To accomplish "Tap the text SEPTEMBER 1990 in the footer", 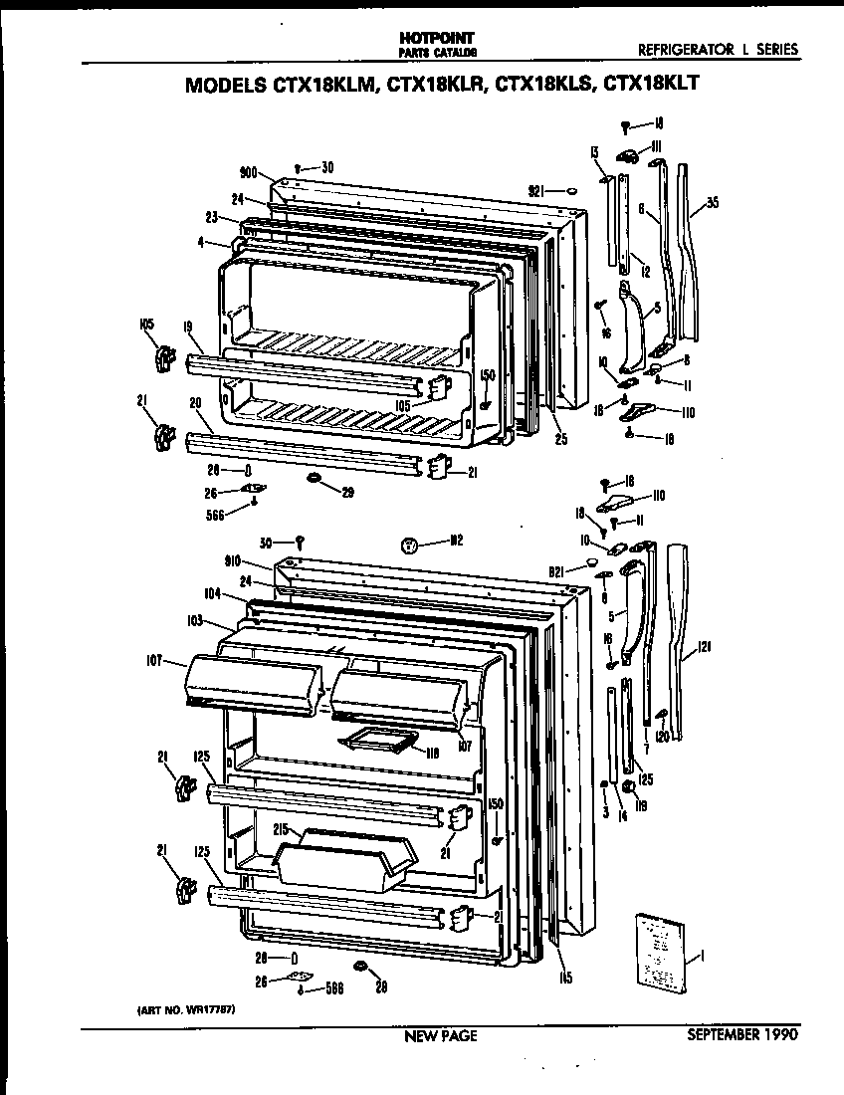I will click(742, 1035).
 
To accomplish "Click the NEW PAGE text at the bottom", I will click(440, 1036).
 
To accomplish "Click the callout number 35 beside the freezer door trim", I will click(711, 203).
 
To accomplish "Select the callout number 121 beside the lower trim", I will click(705, 647).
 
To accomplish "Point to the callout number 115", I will click(564, 978).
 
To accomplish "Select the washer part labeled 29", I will click(315, 481).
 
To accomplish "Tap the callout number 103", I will click(193, 620).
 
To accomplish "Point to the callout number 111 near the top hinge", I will click(657, 145).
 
